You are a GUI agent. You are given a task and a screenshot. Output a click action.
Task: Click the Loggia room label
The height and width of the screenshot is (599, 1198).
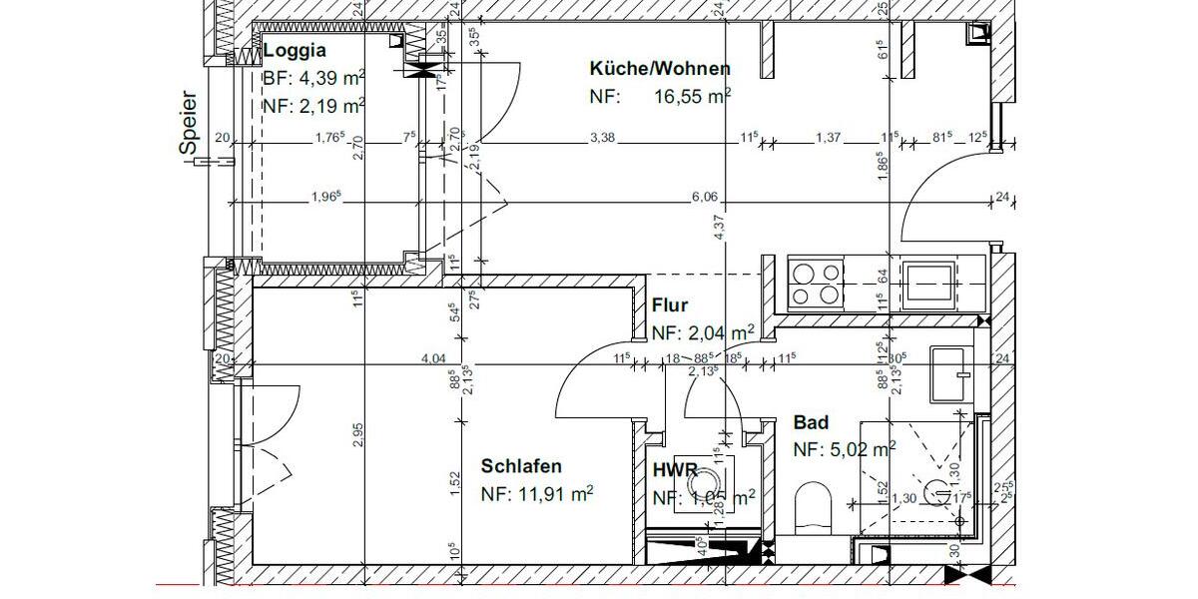click(x=295, y=51)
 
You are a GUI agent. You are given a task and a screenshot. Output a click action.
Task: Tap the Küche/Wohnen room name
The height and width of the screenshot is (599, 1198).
click(x=660, y=69)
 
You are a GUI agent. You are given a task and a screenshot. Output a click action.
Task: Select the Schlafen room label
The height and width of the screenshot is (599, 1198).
click(x=521, y=466)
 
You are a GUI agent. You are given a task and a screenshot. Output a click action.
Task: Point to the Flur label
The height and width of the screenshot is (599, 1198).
click(x=670, y=306)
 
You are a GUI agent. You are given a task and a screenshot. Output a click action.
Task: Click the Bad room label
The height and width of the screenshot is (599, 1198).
click(x=811, y=423)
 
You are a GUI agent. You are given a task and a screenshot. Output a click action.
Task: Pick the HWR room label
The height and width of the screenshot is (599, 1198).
click(x=674, y=470)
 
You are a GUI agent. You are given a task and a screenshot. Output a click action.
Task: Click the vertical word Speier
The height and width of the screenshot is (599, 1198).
click(x=190, y=124)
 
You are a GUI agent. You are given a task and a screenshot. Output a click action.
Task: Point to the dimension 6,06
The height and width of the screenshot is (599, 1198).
click(x=705, y=198)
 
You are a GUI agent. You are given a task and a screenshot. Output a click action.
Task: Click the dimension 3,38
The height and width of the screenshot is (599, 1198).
click(x=602, y=138)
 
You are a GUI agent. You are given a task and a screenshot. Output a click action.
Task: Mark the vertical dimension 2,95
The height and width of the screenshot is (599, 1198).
click(x=358, y=435)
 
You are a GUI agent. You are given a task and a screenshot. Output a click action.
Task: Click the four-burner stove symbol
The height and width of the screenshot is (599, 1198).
click(x=816, y=282)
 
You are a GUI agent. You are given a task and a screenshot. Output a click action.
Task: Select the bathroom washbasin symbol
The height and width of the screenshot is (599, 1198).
click(x=949, y=374)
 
